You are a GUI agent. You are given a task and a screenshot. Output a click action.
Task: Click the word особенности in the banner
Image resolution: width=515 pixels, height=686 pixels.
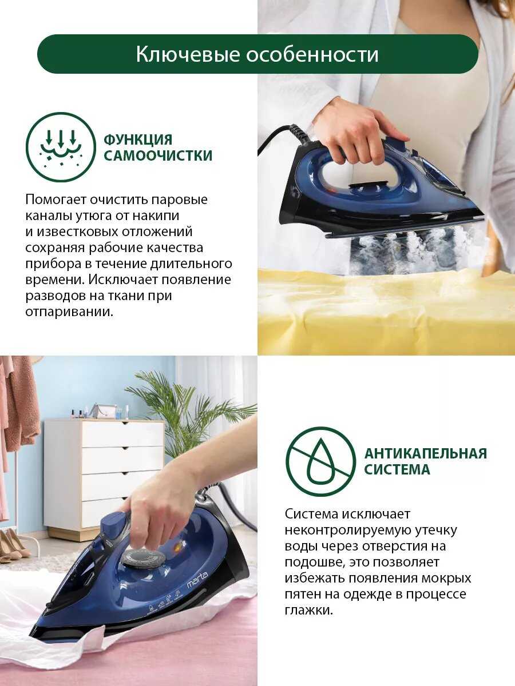(x=312, y=54)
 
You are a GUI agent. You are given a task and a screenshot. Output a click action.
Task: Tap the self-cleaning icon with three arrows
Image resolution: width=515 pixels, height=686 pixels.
(x=61, y=147)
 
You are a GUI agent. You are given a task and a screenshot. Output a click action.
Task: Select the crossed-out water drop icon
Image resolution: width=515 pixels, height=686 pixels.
(x=321, y=461)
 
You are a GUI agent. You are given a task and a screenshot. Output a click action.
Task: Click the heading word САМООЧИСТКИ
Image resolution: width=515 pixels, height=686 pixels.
(x=158, y=155)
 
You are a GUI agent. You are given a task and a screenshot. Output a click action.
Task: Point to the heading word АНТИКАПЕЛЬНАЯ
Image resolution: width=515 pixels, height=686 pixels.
(x=426, y=453)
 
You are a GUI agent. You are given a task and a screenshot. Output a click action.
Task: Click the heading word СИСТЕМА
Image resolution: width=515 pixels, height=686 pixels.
(x=397, y=470)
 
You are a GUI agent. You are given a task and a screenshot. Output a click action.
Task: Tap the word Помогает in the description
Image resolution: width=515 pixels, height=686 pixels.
(x=56, y=200)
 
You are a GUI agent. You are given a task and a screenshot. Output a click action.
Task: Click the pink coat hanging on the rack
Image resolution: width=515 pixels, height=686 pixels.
(x=19, y=403)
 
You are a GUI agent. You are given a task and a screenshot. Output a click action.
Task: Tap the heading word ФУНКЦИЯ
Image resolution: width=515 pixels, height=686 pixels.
(x=138, y=139)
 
